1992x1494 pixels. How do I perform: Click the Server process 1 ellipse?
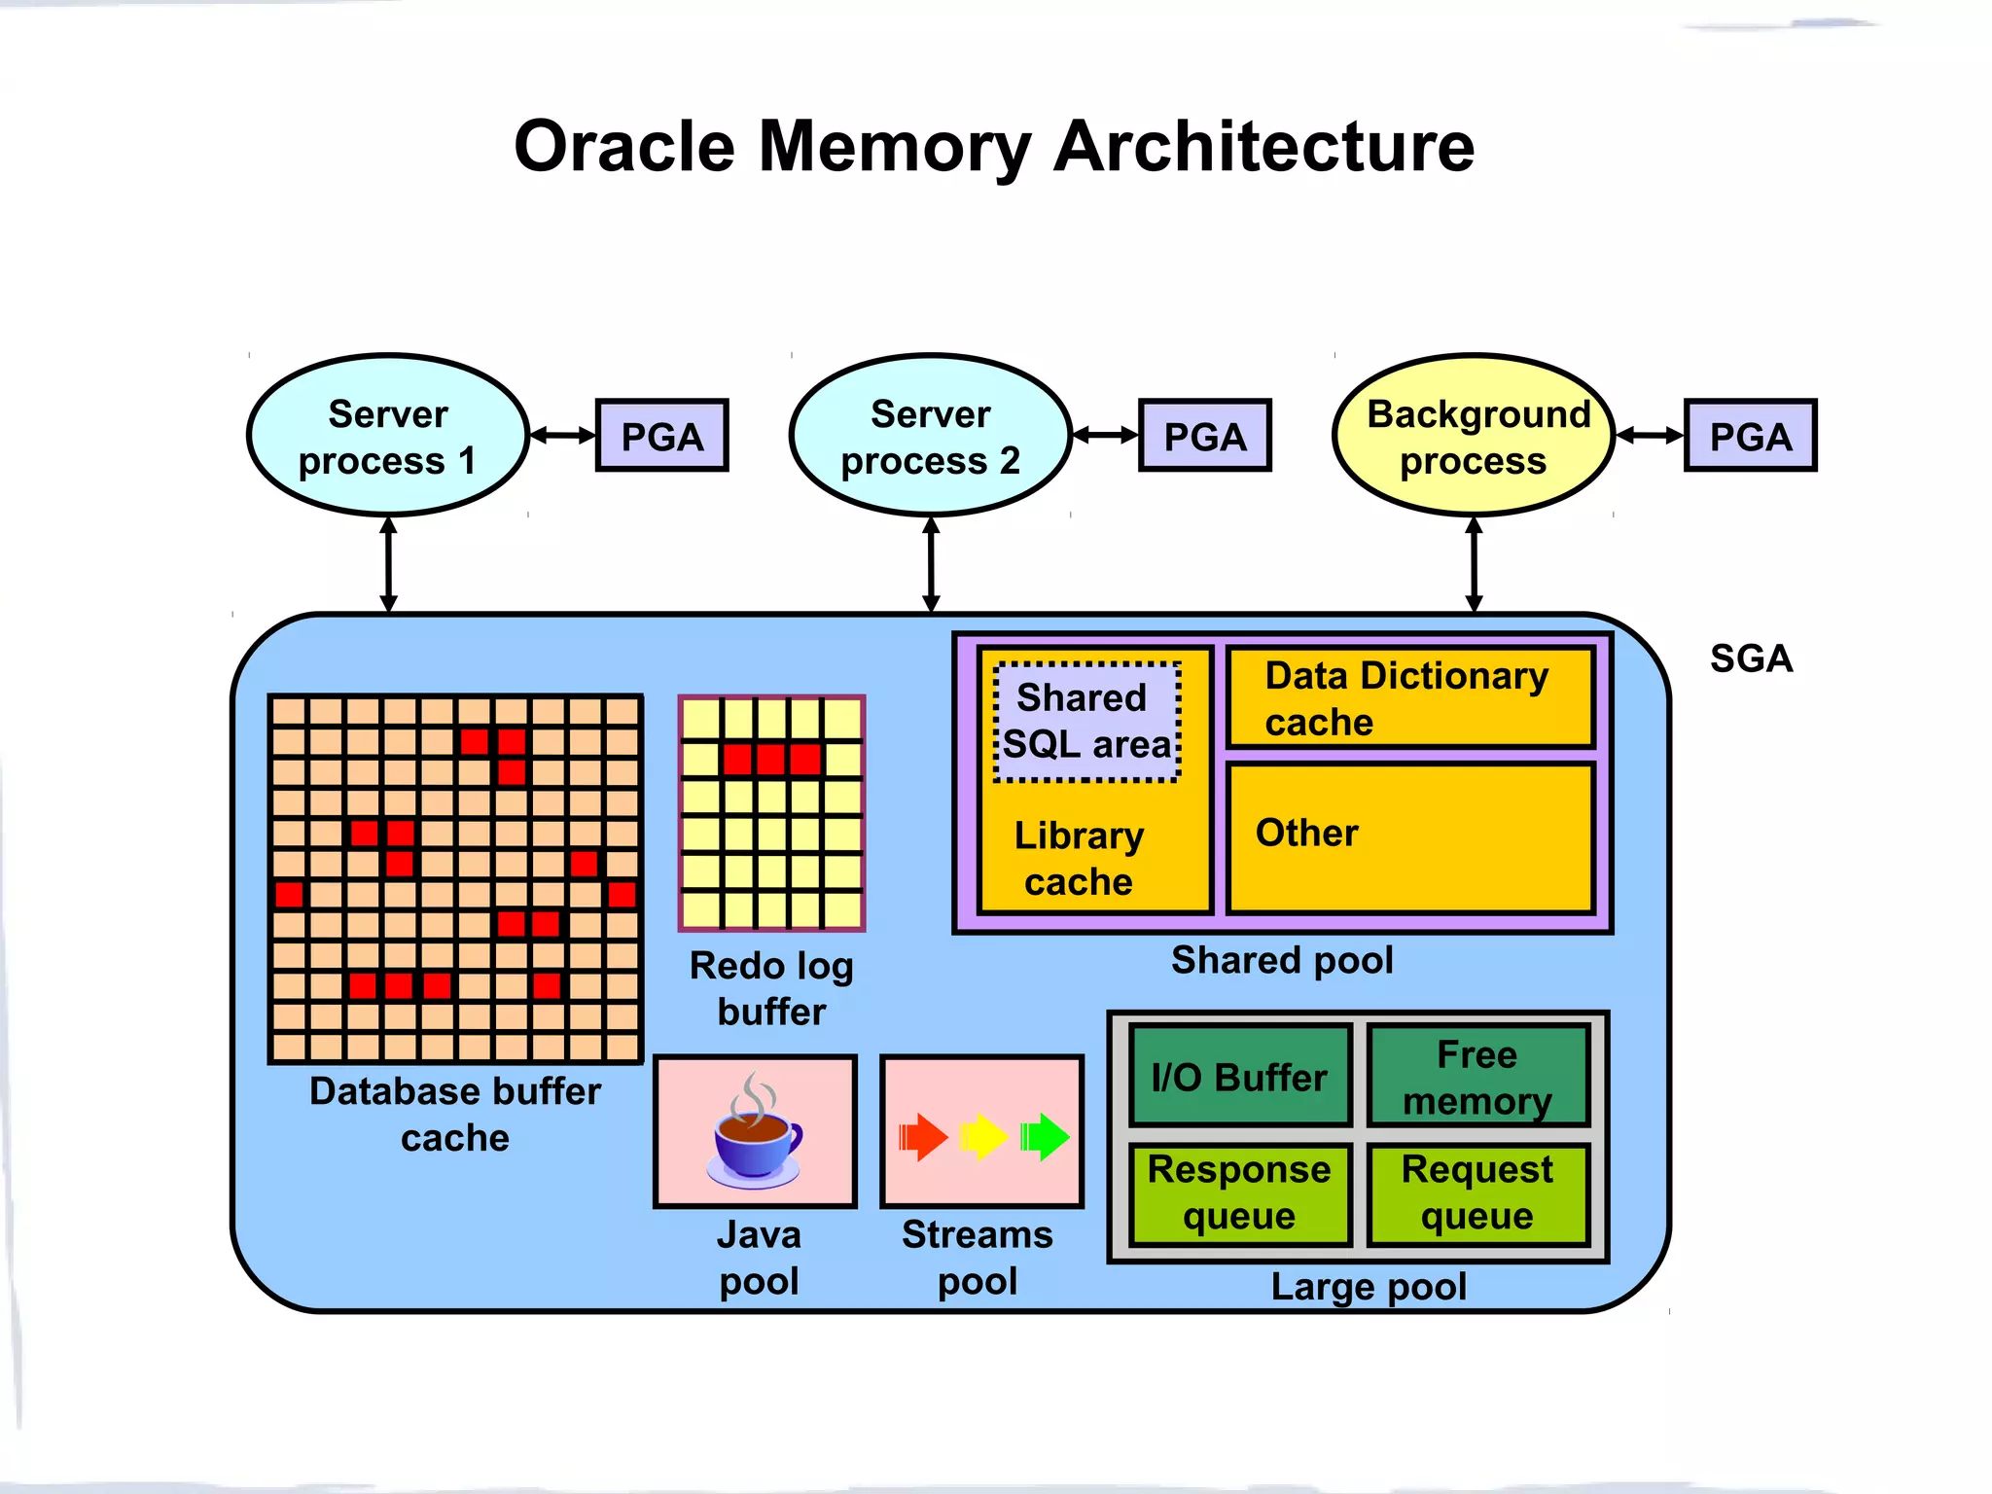[x=387, y=436]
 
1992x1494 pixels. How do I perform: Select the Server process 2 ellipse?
[x=930, y=436]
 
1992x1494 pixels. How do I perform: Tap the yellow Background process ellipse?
[x=1474, y=436]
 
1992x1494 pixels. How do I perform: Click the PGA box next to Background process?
[x=1750, y=436]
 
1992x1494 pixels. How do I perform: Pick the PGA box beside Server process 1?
[x=661, y=436]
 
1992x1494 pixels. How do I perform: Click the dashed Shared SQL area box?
[x=1086, y=721]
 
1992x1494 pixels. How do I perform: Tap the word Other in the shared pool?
[x=1306, y=833]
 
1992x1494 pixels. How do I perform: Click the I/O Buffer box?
[x=1239, y=1077]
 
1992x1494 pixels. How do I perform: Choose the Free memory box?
[x=1476, y=1077]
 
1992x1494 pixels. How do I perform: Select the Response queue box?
[x=1239, y=1193]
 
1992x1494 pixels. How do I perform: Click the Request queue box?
[x=1476, y=1193]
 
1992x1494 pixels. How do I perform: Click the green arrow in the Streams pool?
[x=1045, y=1136]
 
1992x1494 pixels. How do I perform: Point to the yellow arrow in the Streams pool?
[x=982, y=1136]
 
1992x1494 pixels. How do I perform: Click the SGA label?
[x=1751, y=658]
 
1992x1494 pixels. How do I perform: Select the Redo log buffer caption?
[x=771, y=988]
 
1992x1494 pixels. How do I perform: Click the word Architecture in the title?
[x=1263, y=146]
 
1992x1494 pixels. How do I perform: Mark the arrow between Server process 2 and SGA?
[x=931, y=564]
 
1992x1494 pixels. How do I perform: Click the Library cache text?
[x=1079, y=858]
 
